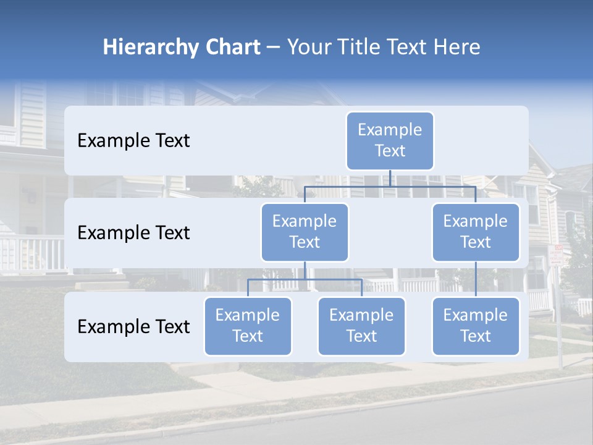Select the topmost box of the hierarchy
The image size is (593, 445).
pyautogui.click(x=390, y=140)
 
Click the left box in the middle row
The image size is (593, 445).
pyautogui.click(x=305, y=232)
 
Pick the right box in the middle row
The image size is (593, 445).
pyautogui.click(x=476, y=232)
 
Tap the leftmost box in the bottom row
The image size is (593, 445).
pyautogui.click(x=248, y=326)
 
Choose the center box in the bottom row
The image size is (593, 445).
pyautogui.click(x=361, y=326)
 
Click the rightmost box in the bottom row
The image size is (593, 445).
pyautogui.click(x=476, y=326)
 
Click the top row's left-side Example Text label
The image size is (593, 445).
pyautogui.click(x=133, y=141)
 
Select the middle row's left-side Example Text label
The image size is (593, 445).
pyautogui.click(x=133, y=233)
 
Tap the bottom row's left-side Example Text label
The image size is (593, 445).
pyautogui.click(x=133, y=327)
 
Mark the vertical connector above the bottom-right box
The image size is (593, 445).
pyautogui.click(x=476, y=279)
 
